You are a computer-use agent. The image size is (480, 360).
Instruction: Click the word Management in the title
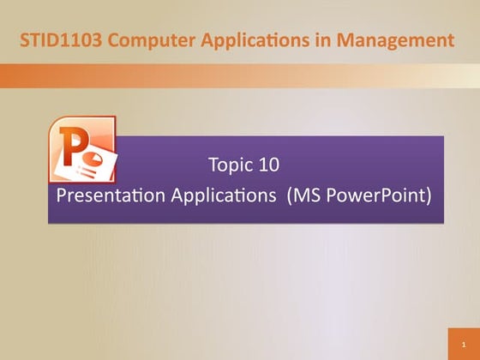pyautogui.click(x=390, y=39)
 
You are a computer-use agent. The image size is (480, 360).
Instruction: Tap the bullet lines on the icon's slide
pyautogui.click(x=90, y=171)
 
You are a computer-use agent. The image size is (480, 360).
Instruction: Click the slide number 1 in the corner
pyautogui.click(x=462, y=343)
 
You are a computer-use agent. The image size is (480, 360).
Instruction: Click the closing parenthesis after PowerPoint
pyautogui.click(x=428, y=195)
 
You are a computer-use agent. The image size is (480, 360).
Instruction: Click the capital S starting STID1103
pyautogui.click(x=26, y=39)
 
